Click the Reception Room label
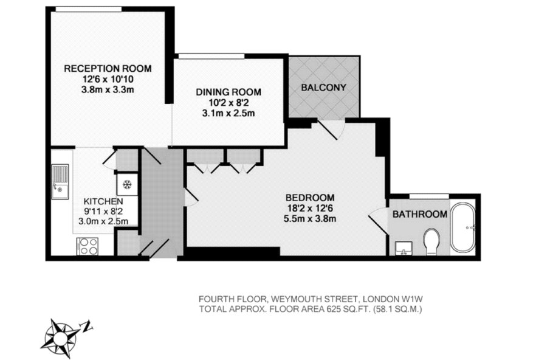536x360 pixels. (108, 69)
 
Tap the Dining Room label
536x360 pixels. (228, 92)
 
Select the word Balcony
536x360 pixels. (323, 87)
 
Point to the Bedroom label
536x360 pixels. (310, 198)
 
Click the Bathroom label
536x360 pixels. (420, 214)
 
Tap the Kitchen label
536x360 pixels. (103, 201)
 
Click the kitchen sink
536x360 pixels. (60, 182)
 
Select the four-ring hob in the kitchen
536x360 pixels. (88, 246)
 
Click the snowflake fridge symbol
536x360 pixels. (127, 185)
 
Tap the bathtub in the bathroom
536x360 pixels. (463, 228)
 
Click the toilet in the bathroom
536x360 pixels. (431, 241)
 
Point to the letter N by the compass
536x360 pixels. (87, 326)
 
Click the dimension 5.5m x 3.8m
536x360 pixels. (310, 218)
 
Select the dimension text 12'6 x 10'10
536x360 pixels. (108, 79)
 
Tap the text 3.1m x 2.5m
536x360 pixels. (228, 113)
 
